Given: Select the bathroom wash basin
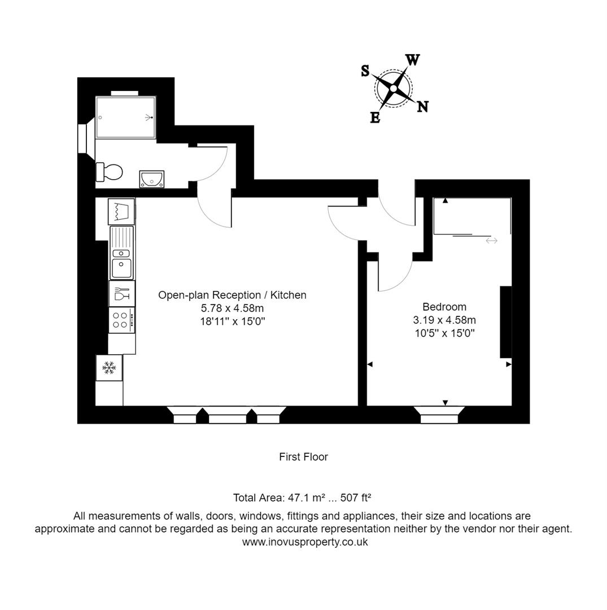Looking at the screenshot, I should (x=152, y=179).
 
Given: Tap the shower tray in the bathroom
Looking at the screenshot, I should (x=125, y=117).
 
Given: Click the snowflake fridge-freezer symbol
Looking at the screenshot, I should (x=109, y=368).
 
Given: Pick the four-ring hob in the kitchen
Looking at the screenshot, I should (x=121, y=320).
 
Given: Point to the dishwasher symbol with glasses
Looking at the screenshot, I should (x=121, y=294).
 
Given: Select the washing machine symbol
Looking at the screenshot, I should (x=121, y=212).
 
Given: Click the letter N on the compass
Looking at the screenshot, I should (x=422, y=106).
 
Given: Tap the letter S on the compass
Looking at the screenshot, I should (x=365, y=71).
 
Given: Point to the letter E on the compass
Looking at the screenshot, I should (x=374, y=117).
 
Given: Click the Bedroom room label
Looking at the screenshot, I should (x=444, y=307).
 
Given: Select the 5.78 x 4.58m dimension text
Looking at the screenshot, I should (x=232, y=308).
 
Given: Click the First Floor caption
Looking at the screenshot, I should (x=303, y=457).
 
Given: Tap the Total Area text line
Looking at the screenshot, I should (x=302, y=498).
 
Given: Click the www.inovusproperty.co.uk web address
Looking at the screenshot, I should (x=305, y=542).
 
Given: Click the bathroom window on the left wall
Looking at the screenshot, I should (x=82, y=138).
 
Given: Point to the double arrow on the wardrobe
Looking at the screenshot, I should (x=491, y=241).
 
